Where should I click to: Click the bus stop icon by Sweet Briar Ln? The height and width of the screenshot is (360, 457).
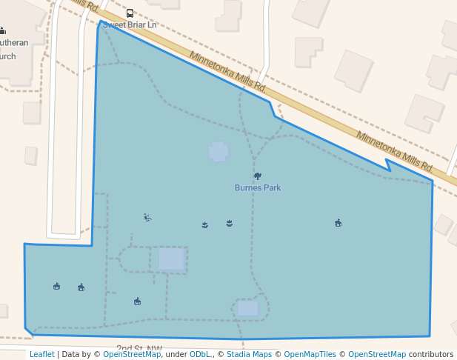coord(130,13)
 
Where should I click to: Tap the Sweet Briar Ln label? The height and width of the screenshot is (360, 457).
coord(130,24)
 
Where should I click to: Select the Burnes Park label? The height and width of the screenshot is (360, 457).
coord(258,187)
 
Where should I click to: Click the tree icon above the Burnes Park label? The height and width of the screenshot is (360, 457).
coord(258,176)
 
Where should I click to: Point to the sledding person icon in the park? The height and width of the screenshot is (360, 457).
coord(147,217)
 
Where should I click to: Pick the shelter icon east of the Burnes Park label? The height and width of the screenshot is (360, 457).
coord(338,222)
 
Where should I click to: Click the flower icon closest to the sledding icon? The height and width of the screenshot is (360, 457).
coord(205,224)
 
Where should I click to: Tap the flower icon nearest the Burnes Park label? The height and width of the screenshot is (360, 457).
coord(230,222)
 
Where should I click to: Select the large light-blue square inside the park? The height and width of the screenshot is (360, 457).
coord(171,259)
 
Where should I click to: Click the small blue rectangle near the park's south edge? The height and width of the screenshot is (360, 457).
coord(247,307)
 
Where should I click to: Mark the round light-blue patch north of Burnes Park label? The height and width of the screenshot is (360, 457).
coord(219,152)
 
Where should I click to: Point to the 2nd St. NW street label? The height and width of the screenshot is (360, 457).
coord(139,348)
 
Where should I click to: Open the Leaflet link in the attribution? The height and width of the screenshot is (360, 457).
coord(42,354)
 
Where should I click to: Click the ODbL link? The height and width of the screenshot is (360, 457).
coord(200,354)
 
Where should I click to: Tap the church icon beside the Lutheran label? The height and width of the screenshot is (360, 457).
coord(2,30)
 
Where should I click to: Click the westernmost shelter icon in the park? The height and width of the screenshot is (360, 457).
coord(57,286)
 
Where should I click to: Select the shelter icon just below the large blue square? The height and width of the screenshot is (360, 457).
coord(137,301)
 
